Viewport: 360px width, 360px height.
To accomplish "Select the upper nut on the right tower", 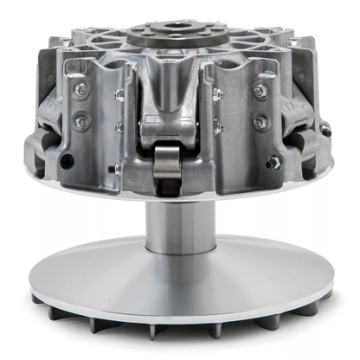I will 260,91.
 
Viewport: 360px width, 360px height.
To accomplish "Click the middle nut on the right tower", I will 259,122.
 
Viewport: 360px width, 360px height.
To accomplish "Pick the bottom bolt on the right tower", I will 274,162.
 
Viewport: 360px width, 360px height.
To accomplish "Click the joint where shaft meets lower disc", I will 180,254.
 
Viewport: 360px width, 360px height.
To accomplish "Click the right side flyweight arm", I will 299,130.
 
